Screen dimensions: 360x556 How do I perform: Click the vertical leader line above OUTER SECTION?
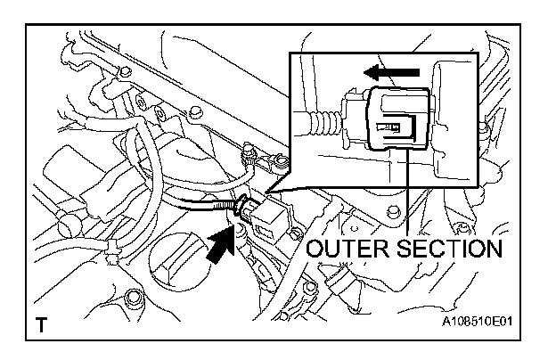coord(407,187)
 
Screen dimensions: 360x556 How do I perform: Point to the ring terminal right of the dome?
coord(277,161)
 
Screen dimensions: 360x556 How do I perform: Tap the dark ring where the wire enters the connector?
coord(239,210)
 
